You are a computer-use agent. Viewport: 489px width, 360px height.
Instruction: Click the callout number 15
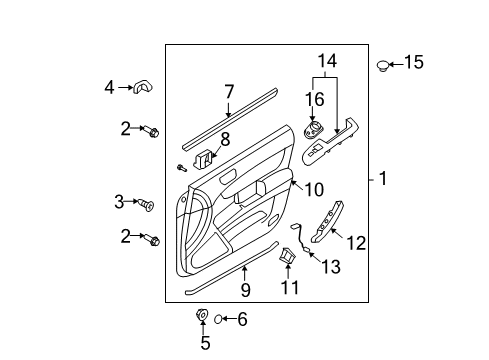click(x=413, y=62)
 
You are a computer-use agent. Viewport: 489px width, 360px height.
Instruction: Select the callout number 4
click(x=110, y=87)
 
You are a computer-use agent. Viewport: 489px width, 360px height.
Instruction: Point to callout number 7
click(x=229, y=92)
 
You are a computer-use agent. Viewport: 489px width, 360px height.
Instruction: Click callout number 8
click(x=225, y=140)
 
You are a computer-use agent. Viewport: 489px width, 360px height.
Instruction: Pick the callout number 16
click(x=315, y=98)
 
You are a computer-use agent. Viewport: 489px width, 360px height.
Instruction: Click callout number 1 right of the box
click(x=382, y=180)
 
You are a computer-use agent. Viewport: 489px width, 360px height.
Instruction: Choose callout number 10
click(x=313, y=189)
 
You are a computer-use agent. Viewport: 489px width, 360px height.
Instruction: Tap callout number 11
click(x=290, y=289)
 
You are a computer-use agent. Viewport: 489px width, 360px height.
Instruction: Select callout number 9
click(x=245, y=290)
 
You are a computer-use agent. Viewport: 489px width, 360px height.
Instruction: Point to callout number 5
click(x=205, y=343)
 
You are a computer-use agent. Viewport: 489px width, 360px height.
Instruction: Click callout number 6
click(x=240, y=319)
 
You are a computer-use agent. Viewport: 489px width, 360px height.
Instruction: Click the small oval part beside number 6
click(x=216, y=319)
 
